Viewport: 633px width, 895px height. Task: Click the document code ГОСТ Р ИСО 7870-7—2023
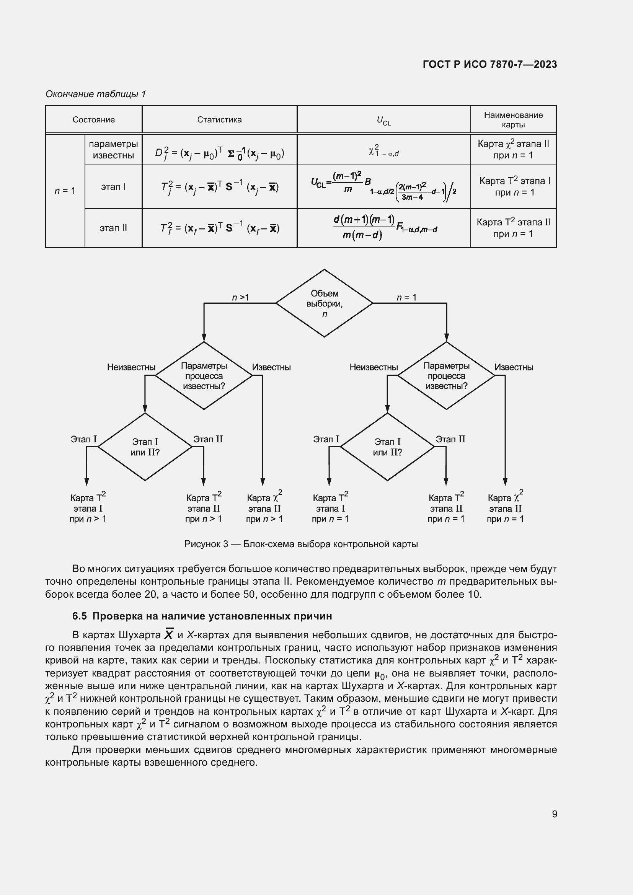[489, 64]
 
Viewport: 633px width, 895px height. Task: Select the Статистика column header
[219, 120]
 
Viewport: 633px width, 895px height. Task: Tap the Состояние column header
[93, 120]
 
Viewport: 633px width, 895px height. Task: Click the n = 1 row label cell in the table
[65, 191]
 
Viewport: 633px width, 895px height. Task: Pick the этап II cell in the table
[113, 228]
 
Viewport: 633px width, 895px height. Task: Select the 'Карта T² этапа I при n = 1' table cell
[514, 186]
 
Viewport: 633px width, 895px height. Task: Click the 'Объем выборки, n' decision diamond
[324, 303]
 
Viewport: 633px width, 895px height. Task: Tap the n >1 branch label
[240, 297]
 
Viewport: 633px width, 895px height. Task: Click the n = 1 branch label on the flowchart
[406, 297]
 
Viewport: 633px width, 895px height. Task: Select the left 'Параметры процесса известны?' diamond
[204, 376]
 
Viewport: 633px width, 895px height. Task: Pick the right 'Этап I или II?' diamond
[387, 447]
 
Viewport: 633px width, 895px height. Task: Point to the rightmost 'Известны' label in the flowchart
[513, 367]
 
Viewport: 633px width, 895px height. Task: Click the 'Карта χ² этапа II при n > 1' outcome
[264, 508]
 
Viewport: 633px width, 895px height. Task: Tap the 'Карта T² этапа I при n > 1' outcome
[88, 508]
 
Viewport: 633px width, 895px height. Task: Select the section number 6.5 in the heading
[79, 616]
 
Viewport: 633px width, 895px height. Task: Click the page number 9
[554, 814]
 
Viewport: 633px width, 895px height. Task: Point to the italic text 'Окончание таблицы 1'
[96, 94]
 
